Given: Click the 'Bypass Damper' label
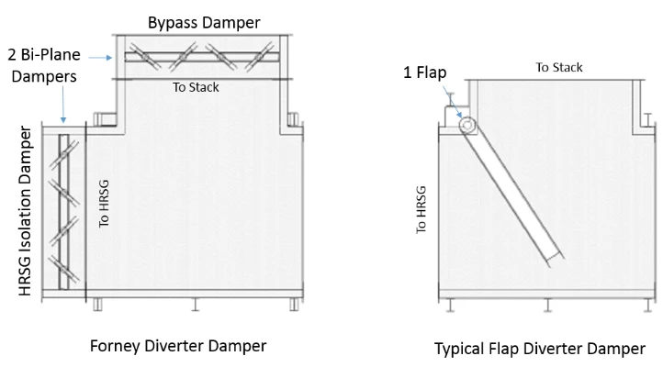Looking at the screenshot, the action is coord(204,23).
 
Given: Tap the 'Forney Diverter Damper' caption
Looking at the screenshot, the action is coord(178,346).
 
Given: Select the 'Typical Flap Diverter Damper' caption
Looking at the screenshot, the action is coord(540,349).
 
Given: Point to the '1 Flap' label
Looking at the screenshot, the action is coord(424,72).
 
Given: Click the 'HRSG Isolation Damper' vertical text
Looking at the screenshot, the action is coord(26,211).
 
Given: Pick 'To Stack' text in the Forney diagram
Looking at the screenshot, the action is coord(196,87).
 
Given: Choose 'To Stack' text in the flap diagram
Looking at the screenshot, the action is coord(559,68).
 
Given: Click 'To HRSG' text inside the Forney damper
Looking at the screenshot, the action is coord(104,204).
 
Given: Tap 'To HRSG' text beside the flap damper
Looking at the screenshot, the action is coord(421,210).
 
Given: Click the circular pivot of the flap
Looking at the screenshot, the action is coord(466,125).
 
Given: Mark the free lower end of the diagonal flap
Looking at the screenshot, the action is coord(556,259).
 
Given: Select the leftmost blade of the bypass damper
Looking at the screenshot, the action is coord(145,56).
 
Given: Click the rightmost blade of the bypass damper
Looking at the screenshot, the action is coord(259,56).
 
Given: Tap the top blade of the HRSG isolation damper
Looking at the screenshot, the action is coord(64,155).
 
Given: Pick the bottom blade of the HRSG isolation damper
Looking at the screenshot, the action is coord(64,269).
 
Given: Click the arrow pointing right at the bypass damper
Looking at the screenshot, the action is coord(101,58).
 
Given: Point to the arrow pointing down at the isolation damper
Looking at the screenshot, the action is coord(63,105).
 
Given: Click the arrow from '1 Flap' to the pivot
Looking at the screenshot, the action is coord(452,102).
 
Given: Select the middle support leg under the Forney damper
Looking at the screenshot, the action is coord(195,305).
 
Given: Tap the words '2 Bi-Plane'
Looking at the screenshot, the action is coord(44,55).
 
